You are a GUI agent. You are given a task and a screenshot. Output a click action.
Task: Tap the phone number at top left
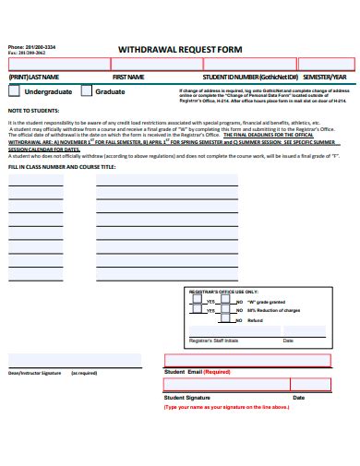(26, 46)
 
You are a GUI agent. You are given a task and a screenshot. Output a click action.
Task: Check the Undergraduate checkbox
(14, 92)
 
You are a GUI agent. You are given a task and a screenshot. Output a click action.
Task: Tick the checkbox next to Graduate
(86, 92)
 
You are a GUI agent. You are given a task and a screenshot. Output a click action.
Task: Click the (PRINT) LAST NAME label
(33, 77)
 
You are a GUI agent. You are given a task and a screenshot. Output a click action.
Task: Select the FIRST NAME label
(128, 77)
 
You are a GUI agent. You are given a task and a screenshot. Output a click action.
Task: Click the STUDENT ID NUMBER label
(250, 77)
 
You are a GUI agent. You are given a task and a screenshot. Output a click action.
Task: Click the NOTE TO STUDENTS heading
(32, 110)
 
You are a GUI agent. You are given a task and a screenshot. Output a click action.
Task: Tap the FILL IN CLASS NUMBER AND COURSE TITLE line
(62, 167)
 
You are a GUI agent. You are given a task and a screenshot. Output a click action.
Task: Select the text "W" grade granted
(266, 301)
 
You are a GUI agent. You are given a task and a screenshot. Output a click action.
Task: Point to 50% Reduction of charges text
(274, 310)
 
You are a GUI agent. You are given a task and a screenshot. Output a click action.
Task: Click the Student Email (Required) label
(197, 371)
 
